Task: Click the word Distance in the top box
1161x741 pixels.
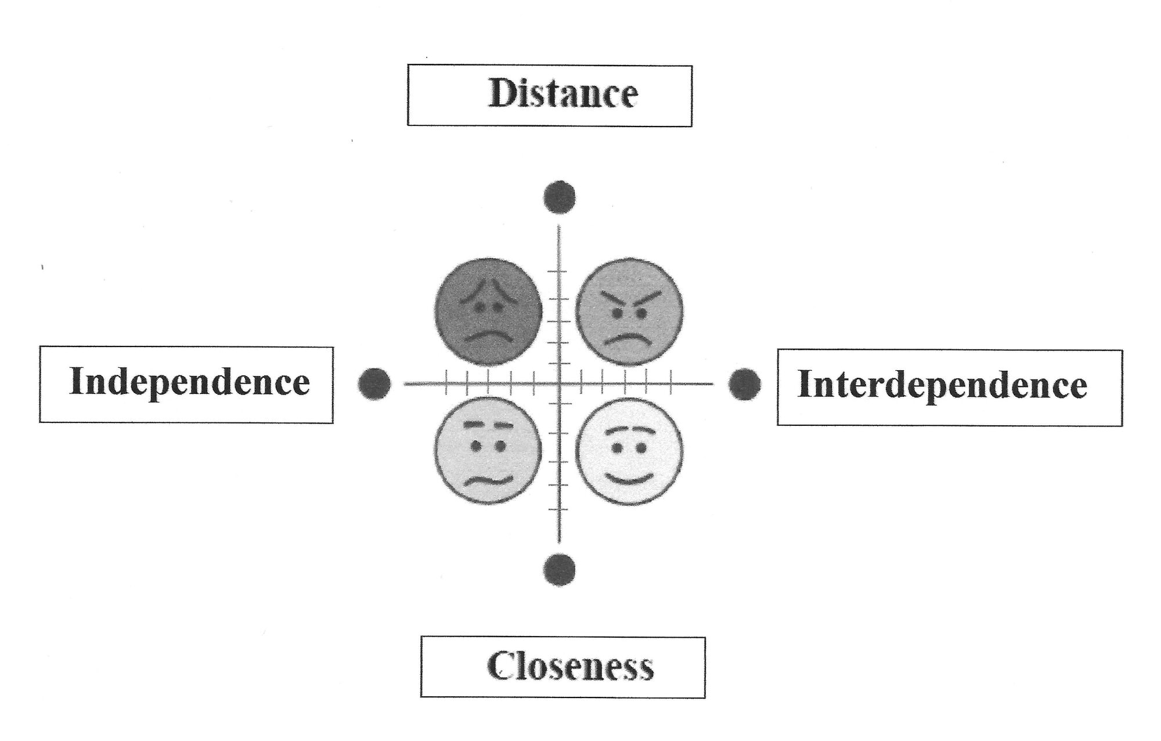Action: coord(563,93)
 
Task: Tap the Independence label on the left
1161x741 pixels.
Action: coord(189,382)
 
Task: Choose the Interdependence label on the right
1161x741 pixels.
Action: coord(942,385)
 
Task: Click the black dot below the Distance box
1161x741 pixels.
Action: coord(560,197)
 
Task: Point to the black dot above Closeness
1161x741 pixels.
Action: coord(560,569)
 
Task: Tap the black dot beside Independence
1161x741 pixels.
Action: coord(374,384)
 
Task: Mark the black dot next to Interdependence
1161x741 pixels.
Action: coord(744,384)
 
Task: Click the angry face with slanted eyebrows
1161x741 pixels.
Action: coord(629,312)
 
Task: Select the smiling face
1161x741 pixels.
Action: coord(629,451)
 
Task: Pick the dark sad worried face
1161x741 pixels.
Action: coord(488,312)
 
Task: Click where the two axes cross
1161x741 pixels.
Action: coord(559,384)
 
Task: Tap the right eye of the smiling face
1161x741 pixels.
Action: coord(641,448)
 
